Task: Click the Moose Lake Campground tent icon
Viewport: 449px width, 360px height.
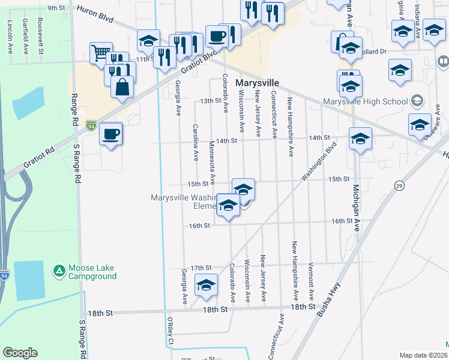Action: pyautogui.click(x=59, y=271)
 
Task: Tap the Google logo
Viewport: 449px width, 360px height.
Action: pyautogui.click(x=20, y=353)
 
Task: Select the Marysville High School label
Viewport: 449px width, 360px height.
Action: pyautogui.click(x=365, y=101)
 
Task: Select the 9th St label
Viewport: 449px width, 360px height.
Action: pyautogui.click(x=56, y=8)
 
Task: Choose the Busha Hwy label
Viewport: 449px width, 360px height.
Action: pyautogui.click(x=328, y=299)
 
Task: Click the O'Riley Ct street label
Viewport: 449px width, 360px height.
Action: pyautogui.click(x=170, y=338)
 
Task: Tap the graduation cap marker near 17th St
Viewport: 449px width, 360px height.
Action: pyautogui.click(x=206, y=287)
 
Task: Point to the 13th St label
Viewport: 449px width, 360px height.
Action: pyautogui.click(x=211, y=101)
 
